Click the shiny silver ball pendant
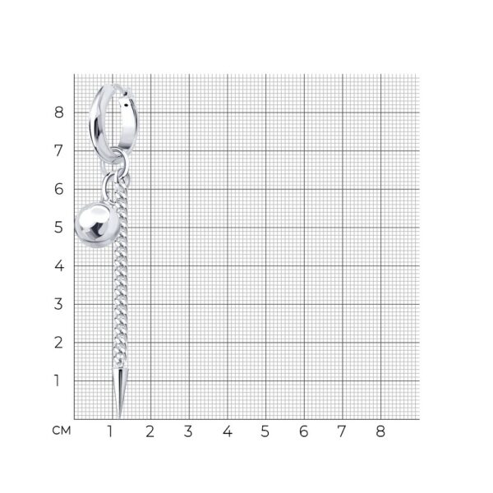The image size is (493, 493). (x=97, y=224)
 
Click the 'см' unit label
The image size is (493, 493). (x=62, y=431)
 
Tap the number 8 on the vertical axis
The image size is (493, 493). (x=59, y=113)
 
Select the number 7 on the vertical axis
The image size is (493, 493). (x=58, y=150)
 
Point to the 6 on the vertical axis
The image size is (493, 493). (x=59, y=189)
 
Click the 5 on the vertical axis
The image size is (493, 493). (x=58, y=228)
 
